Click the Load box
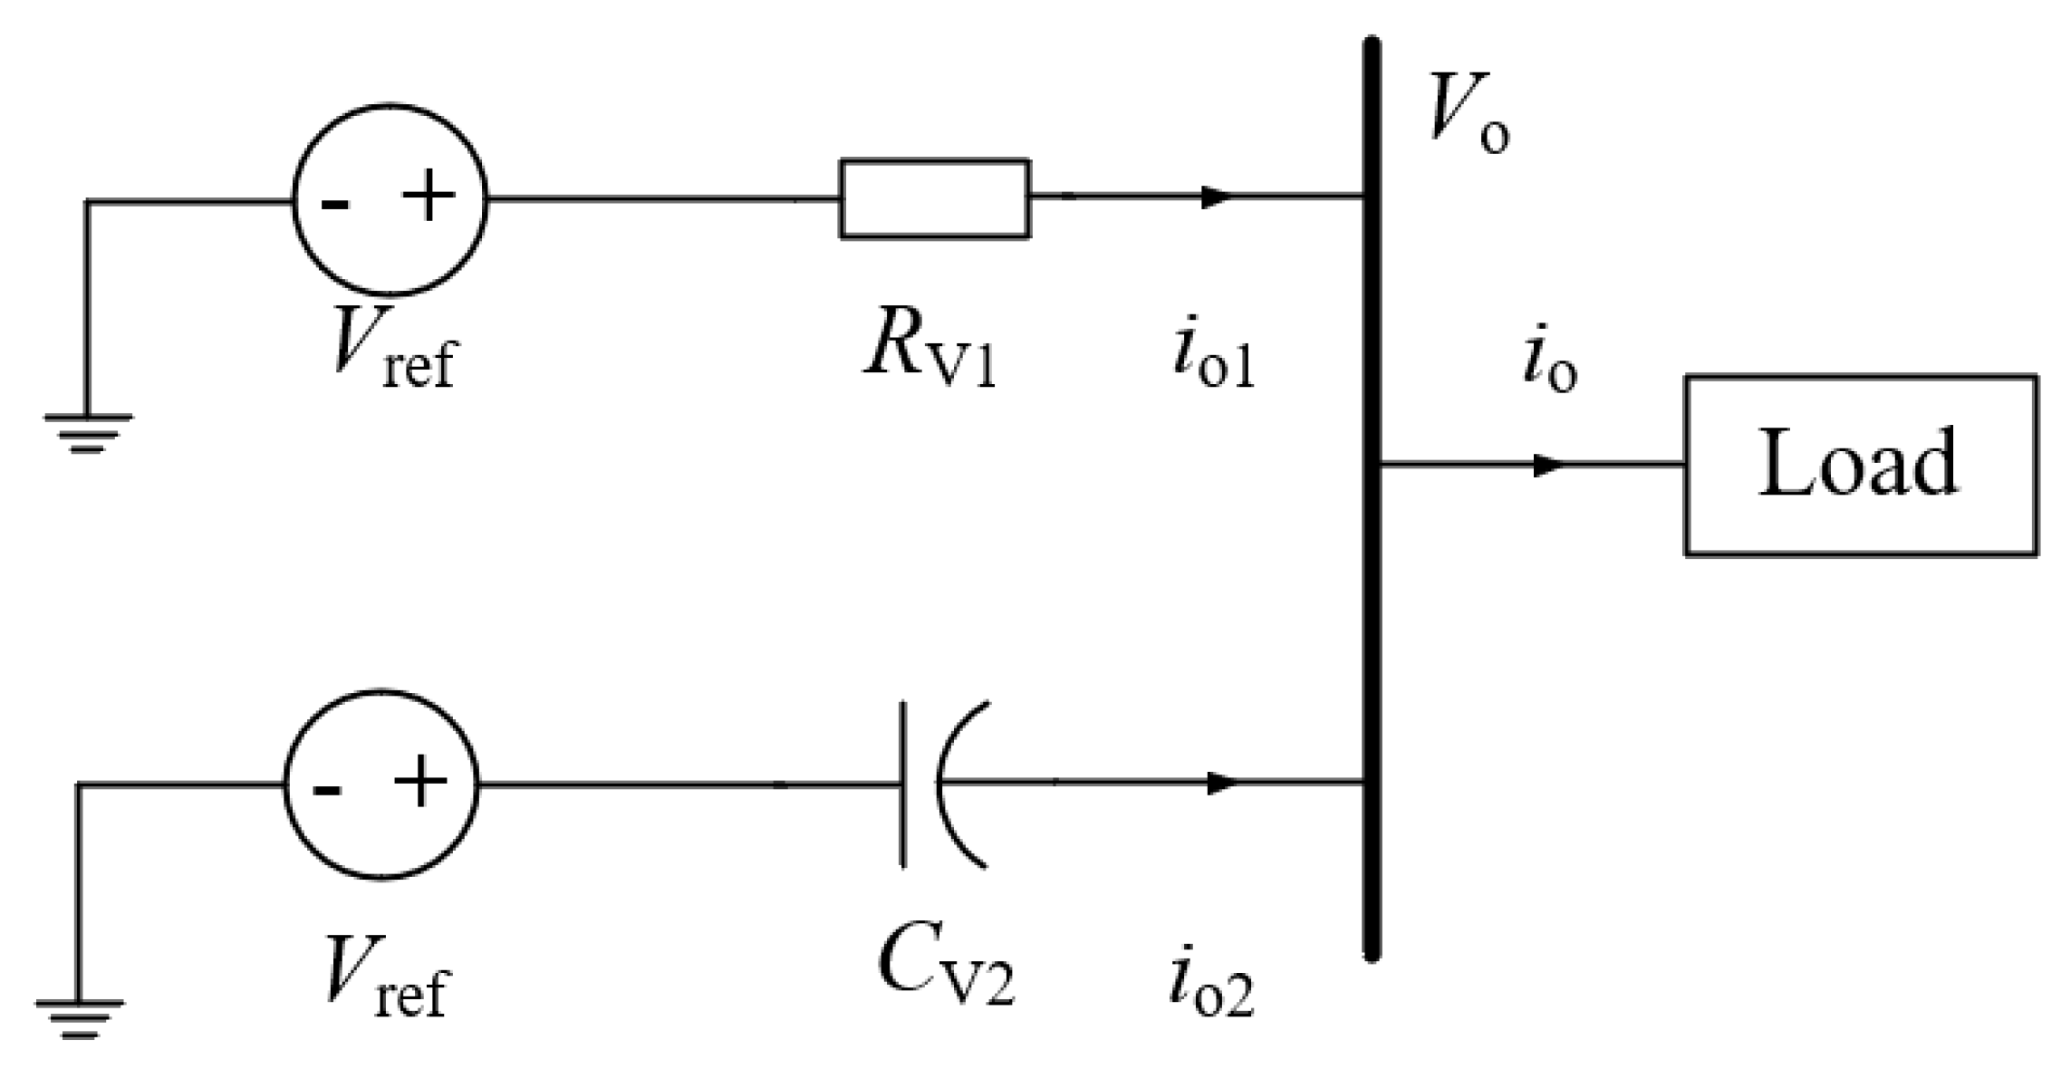point(1860,465)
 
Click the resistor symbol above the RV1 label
point(934,198)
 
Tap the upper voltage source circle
point(390,199)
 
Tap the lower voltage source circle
point(381,785)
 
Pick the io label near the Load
point(1547,361)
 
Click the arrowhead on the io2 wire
point(1222,783)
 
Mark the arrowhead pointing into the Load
point(1548,466)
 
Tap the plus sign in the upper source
point(429,197)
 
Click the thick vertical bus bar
point(1372,498)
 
